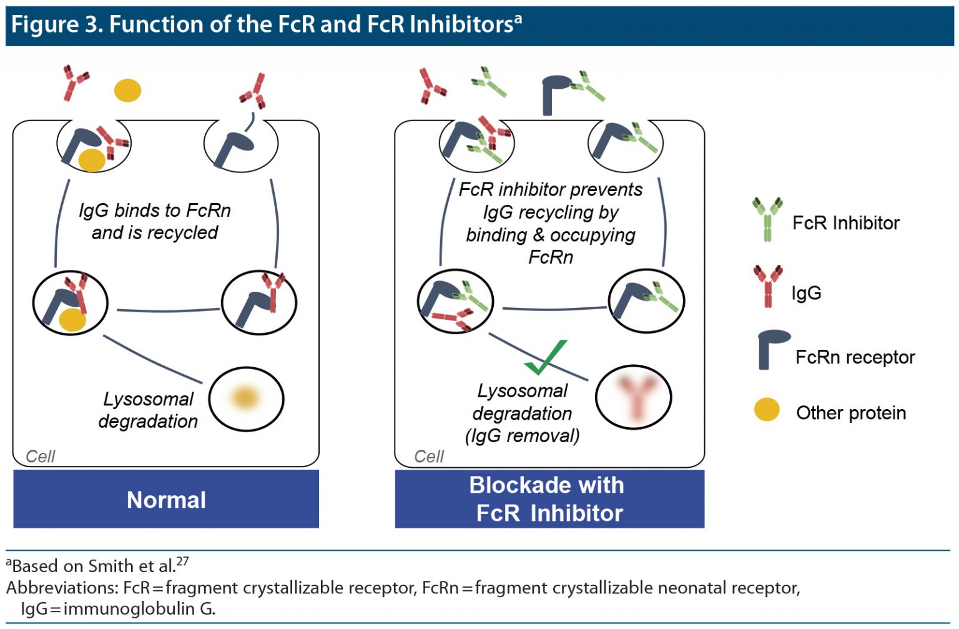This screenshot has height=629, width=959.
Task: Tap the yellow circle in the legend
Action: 767,410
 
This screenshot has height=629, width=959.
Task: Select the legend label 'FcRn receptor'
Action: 855,357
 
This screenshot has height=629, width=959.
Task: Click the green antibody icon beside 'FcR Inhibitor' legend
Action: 767,219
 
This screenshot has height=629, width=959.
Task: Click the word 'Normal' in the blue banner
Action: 166,500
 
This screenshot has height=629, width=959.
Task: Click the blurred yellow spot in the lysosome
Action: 245,397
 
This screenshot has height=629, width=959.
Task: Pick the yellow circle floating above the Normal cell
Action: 127,90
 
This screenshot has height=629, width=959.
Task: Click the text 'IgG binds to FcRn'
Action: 155,210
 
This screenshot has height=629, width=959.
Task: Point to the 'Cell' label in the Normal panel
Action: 41,457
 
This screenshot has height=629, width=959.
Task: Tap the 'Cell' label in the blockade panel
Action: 429,457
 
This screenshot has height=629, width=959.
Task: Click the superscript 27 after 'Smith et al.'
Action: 182,561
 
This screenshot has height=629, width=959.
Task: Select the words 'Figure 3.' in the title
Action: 57,24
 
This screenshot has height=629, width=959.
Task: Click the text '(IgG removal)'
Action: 522,435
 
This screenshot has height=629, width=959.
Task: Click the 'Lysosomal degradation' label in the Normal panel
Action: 149,410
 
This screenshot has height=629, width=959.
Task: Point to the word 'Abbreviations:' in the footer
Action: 62,588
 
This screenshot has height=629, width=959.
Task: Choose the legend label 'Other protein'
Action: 850,413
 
